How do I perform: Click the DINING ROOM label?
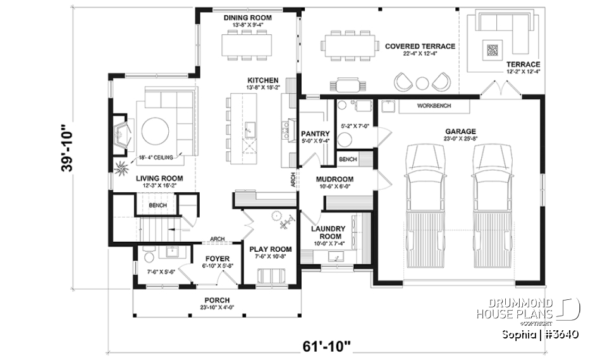click(x=248, y=18)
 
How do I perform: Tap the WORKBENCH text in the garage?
click(x=434, y=106)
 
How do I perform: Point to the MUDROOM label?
click(x=334, y=180)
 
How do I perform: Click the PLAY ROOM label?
click(x=270, y=249)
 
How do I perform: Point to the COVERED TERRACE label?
click(x=420, y=46)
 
